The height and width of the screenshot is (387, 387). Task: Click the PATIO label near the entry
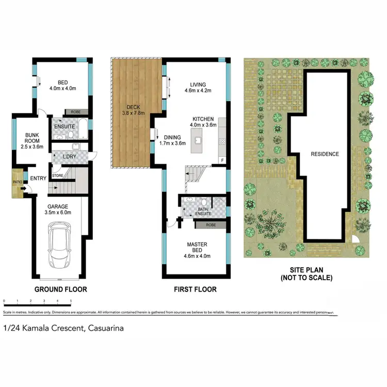(17, 182)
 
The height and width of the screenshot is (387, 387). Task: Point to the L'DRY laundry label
(70, 157)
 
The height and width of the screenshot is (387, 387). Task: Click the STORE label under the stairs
(57, 176)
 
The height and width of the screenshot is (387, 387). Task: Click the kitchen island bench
(197, 141)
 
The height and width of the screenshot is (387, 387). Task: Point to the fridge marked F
(222, 160)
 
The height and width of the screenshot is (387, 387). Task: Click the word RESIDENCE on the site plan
(325, 154)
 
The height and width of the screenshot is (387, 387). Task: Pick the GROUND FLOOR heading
(60, 289)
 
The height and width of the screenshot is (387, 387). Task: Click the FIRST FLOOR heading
(195, 289)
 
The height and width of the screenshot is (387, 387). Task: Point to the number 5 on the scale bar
(71, 300)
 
